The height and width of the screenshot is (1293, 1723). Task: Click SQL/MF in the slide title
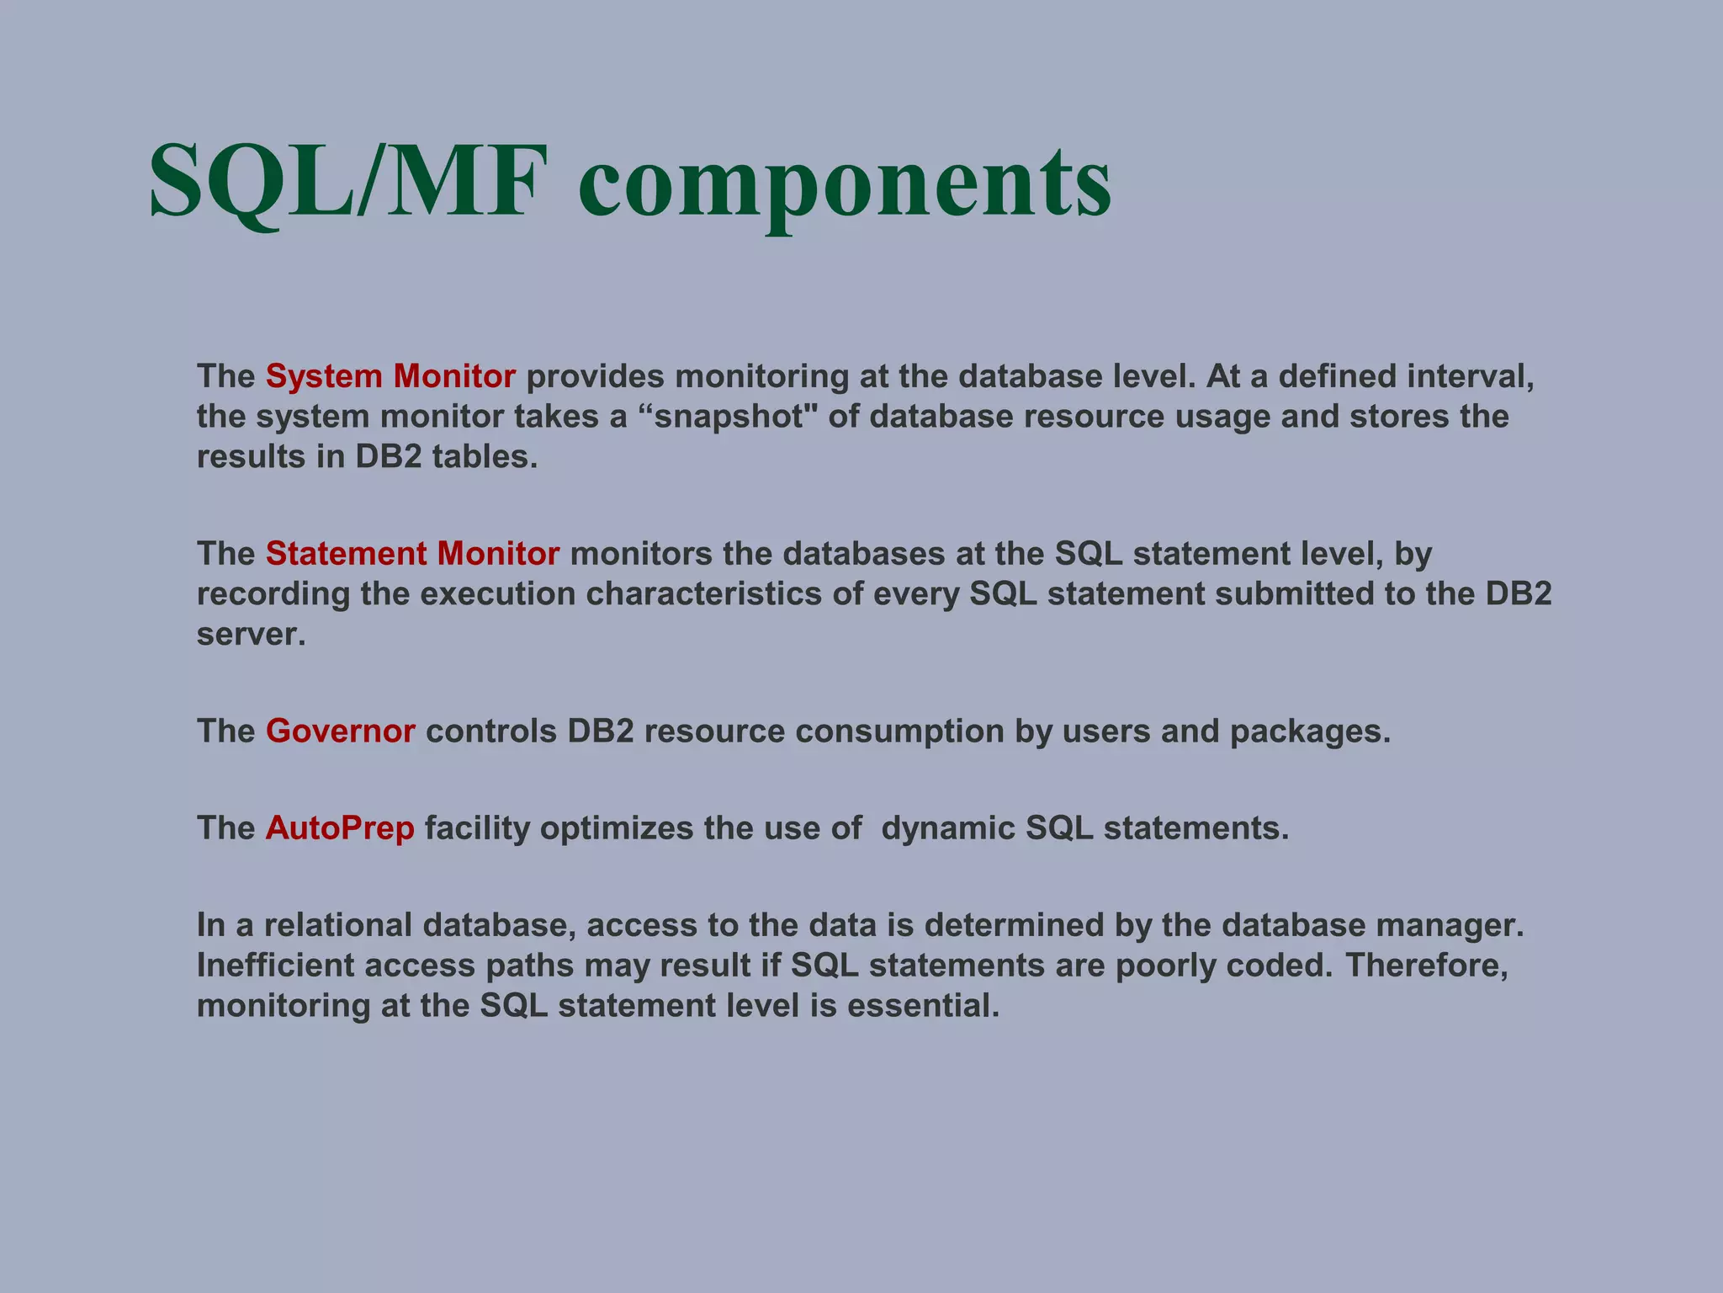pyautogui.click(x=343, y=181)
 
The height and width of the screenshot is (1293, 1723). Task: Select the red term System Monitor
pyautogui.click(x=390, y=376)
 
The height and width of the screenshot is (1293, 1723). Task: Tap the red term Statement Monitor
pyautogui.click(x=412, y=554)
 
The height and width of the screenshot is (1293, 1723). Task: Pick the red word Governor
pyautogui.click(x=340, y=732)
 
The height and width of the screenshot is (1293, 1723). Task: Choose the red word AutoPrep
pyautogui.click(x=340, y=828)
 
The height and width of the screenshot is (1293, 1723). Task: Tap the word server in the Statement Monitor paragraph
pyautogui.click(x=250, y=635)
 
